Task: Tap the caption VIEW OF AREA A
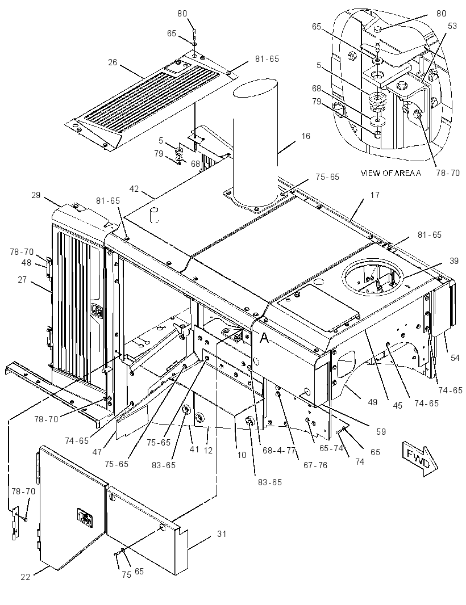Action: coord(390,173)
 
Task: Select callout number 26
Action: coord(113,62)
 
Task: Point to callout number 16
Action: coord(306,136)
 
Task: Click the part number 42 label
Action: coord(134,189)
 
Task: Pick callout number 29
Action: coord(36,195)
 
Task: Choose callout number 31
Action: coord(222,534)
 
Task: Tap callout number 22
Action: coord(26,577)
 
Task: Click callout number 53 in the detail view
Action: coord(452,26)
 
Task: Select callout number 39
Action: coord(454,261)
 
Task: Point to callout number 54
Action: coord(455,358)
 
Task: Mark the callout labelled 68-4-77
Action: coord(279,450)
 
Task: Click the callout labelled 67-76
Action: coord(315,465)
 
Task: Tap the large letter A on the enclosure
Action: coord(264,338)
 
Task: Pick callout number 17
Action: coord(375,195)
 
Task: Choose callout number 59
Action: coord(381,431)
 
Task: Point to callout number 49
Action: coord(372,402)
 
